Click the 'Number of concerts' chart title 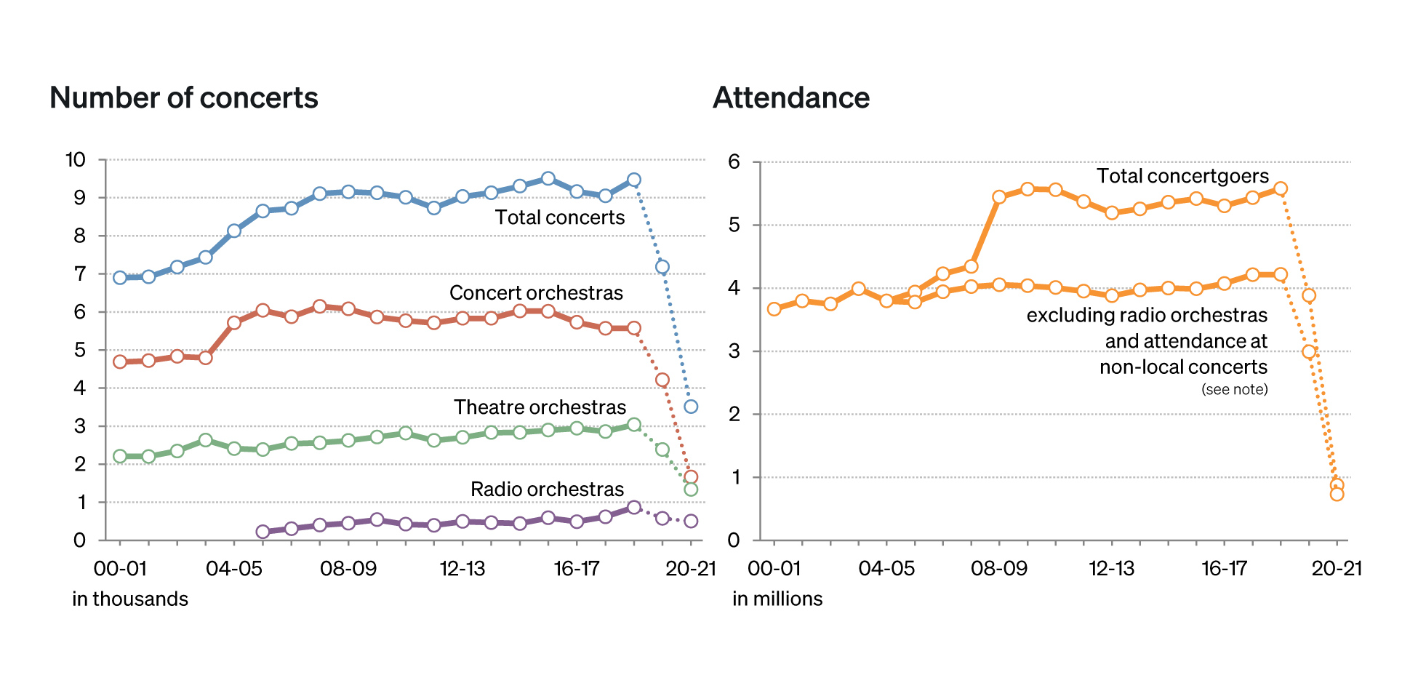(x=184, y=98)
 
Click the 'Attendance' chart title (x=791, y=98)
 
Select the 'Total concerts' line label (x=560, y=217)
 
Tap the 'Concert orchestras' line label (x=536, y=293)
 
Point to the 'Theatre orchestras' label (x=540, y=407)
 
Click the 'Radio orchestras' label (x=547, y=490)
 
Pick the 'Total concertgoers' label (x=1182, y=176)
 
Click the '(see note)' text (x=1234, y=390)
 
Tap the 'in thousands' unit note (x=130, y=599)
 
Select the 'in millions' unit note (x=777, y=599)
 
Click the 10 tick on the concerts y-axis (x=76, y=160)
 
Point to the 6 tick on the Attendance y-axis (x=734, y=162)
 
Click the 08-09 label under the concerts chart (x=348, y=569)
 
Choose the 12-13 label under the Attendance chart (x=1111, y=569)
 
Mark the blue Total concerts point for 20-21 (x=691, y=407)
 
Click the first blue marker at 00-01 (x=120, y=277)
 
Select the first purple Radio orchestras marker (x=263, y=532)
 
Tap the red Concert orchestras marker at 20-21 (x=691, y=477)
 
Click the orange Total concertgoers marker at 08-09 (x=999, y=197)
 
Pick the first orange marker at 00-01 (x=774, y=309)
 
